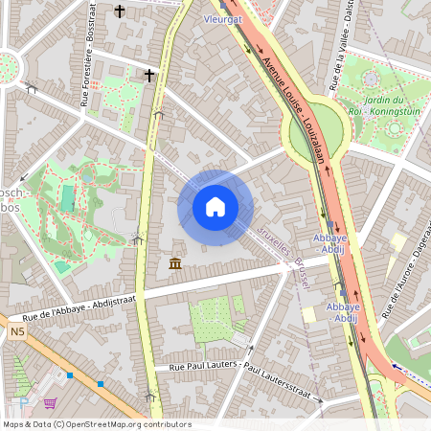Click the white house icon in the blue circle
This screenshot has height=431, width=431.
coord(215,207)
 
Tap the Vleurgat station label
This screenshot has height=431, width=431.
coord(221,17)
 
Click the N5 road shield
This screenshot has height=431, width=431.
coord(17,331)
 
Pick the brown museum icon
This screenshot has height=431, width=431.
coord(175,263)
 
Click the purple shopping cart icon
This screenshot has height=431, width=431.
coord(50,403)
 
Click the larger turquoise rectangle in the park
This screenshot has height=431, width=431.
coord(67,197)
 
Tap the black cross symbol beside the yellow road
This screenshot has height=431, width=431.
coord(149,74)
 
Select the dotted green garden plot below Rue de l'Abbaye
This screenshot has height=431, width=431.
coord(213,319)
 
